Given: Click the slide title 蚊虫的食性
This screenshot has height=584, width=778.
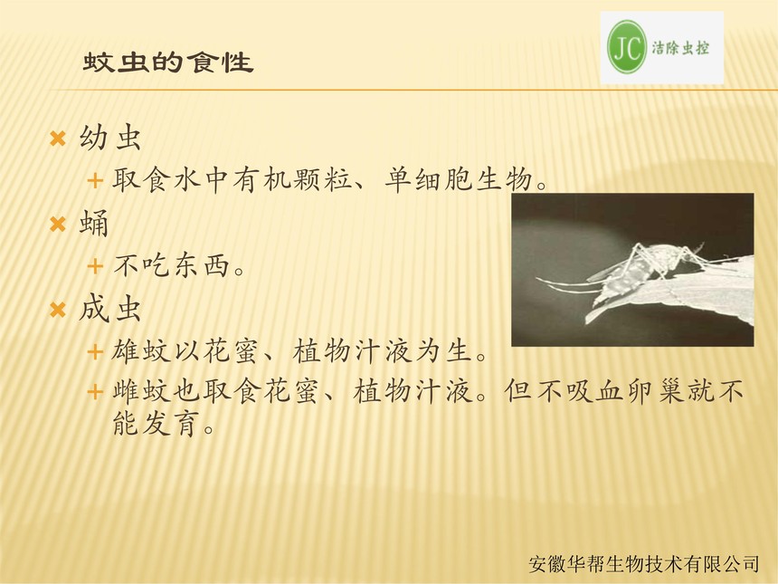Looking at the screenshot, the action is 168,62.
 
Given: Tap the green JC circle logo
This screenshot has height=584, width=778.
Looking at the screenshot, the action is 627,47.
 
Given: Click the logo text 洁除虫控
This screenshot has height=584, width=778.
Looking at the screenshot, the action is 680,48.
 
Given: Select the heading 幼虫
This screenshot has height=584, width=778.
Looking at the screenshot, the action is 110,137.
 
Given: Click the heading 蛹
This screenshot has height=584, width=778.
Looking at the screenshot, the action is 94,223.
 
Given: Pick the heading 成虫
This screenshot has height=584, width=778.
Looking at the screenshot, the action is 110,309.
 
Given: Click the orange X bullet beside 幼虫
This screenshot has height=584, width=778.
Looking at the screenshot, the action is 58,139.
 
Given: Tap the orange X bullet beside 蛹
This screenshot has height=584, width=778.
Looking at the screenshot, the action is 58,225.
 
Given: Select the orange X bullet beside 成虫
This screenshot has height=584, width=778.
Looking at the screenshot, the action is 58,311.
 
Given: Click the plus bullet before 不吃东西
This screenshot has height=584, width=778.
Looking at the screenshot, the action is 95,266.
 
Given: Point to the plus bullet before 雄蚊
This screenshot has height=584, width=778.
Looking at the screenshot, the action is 95,352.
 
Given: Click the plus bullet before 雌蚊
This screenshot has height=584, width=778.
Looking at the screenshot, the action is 95,392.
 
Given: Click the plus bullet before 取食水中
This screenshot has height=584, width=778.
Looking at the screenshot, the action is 95,180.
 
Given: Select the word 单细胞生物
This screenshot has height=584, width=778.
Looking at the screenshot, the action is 460,179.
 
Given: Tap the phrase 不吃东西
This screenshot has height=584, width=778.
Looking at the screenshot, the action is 172,265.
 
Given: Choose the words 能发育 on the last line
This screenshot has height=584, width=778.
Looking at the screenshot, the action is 157,423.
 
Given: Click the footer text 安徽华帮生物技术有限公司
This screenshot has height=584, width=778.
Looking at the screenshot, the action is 643,564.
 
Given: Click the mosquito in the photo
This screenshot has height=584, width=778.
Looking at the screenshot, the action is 640,268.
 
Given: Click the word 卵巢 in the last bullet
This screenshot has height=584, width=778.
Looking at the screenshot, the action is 658,391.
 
